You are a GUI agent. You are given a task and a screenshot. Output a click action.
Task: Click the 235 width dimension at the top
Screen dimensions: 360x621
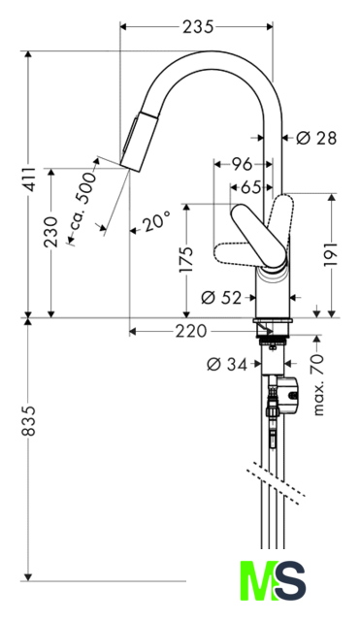coord(198,27)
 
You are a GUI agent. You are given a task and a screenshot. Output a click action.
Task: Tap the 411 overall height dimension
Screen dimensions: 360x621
coord(28,180)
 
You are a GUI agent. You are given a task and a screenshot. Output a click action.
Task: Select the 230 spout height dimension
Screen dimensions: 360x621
coord(50,232)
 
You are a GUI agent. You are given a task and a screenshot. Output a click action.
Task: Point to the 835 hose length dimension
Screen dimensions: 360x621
coord(28,420)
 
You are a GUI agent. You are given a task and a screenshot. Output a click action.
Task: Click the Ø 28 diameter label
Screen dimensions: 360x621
coord(316,138)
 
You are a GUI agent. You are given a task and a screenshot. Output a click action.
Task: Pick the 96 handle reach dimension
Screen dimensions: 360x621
coord(242,164)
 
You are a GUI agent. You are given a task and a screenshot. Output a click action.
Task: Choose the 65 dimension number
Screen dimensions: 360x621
coord(250,187)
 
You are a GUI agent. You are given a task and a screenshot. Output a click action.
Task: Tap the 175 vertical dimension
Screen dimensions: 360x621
coord(186,259)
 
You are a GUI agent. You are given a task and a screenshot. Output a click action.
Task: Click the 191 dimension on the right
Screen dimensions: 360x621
coord(331,254)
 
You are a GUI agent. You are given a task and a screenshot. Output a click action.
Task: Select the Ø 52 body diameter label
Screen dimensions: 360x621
coord(221,298)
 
